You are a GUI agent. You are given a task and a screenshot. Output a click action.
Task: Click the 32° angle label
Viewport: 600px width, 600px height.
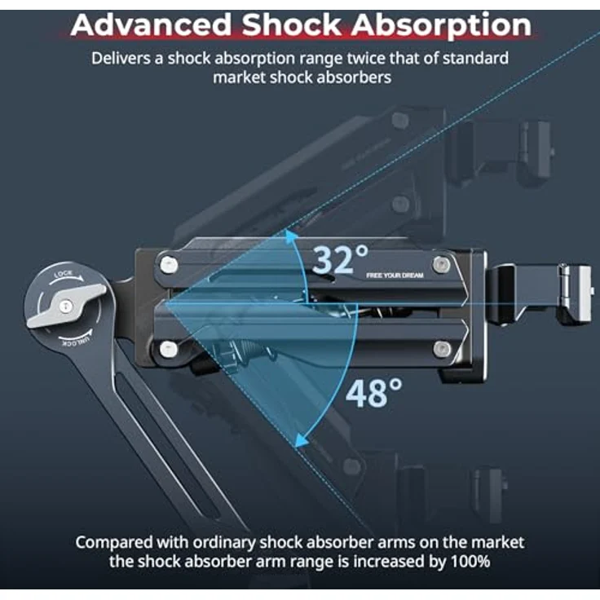click(x=340, y=260)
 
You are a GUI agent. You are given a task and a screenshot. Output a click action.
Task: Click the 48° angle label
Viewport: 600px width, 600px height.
click(x=374, y=393)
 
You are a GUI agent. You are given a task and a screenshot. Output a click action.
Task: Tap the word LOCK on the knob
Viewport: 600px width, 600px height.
click(x=63, y=274)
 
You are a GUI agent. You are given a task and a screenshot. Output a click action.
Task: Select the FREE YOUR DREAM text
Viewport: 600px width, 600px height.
click(x=395, y=276)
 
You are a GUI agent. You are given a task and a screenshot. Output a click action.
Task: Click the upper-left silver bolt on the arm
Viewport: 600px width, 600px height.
click(x=169, y=265)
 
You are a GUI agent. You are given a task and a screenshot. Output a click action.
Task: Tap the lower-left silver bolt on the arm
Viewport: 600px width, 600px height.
click(x=169, y=349)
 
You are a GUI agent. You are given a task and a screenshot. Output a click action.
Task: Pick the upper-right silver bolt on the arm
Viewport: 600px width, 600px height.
click(x=441, y=264)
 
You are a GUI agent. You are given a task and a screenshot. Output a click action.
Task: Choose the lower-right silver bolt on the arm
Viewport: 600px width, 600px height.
click(x=442, y=349)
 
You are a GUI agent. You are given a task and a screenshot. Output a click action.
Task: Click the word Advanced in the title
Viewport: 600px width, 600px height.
click(x=151, y=25)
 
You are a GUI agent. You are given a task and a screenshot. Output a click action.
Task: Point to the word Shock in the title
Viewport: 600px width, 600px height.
click(x=291, y=25)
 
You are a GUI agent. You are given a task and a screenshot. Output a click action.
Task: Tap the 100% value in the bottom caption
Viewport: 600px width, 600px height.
click(x=470, y=562)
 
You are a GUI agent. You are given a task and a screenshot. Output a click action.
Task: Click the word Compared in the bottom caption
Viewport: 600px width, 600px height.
click(x=113, y=544)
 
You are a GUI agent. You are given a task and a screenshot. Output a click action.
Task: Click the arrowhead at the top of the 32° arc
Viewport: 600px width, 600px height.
click(x=291, y=235)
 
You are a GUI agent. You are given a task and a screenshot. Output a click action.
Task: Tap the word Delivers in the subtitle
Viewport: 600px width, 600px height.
click(x=121, y=59)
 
